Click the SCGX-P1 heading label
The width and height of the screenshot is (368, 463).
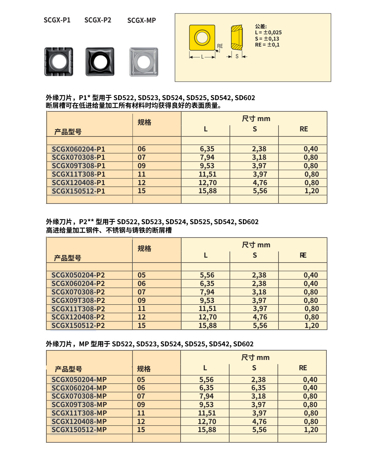tap(57, 20)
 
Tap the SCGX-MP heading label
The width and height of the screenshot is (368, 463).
tap(142, 20)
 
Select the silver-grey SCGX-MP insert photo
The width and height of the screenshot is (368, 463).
tap(144, 62)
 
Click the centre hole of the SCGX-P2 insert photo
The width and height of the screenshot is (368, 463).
tap(100, 61)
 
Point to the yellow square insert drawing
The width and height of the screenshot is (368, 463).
tap(202, 38)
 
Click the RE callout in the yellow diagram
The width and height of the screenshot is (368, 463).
tap(220, 46)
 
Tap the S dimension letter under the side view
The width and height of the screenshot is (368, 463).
tap(237, 56)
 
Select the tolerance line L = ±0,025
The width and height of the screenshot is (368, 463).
tap(268, 32)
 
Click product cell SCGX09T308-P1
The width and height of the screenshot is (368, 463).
tap(78, 166)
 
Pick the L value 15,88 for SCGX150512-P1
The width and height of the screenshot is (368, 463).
tap(208, 191)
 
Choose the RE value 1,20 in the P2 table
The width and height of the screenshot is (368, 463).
tap(311, 325)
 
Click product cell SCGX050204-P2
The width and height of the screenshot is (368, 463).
tap(78, 275)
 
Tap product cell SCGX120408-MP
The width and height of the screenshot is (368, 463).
tap(79, 421)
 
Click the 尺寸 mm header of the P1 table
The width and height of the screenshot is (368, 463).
tap(256, 119)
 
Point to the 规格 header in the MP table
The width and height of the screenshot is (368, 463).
tap(144, 369)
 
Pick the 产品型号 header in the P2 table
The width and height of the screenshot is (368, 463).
tap(68, 258)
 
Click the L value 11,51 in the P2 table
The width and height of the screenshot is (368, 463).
tap(208, 308)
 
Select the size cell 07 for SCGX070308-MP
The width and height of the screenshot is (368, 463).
tap(141, 396)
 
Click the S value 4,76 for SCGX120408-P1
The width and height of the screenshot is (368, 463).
tap(260, 183)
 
